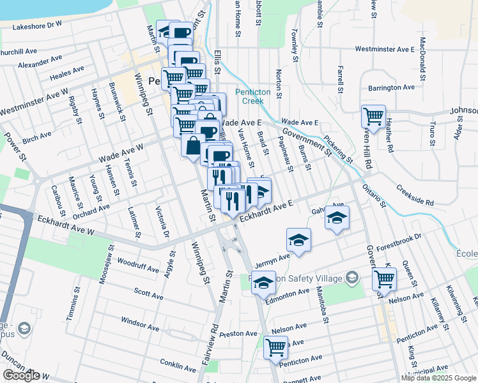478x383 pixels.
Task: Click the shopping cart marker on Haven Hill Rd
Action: tap(373, 117)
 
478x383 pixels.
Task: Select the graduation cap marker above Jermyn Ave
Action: tap(298, 241)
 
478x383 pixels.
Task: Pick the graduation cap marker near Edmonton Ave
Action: tap(263, 282)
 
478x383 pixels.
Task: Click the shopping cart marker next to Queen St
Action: tap(384, 279)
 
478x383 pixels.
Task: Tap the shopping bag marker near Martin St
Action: tap(192, 144)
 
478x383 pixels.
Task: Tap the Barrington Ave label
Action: tap(392, 87)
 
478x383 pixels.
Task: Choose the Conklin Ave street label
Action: tap(178, 368)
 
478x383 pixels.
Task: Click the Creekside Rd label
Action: tap(414, 195)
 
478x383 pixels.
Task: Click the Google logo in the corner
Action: tap(20, 375)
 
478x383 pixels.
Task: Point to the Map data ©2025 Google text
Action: tap(438, 378)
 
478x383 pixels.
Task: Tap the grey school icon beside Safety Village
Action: tap(351, 277)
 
